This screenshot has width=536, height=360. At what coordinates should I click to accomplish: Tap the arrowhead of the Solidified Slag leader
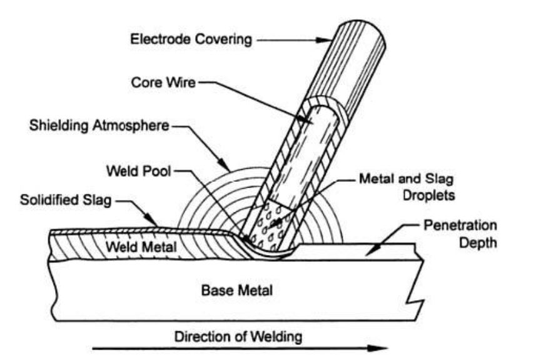(156, 224)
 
